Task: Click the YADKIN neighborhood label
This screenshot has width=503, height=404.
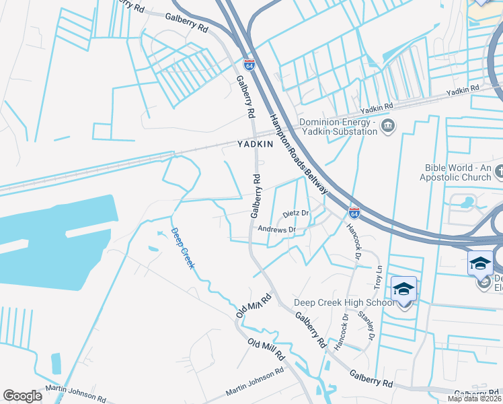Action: pyautogui.click(x=255, y=144)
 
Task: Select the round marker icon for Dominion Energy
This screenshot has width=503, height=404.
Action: pyautogui.click(x=387, y=126)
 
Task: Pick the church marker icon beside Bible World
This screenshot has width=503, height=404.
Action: pyautogui.click(x=498, y=172)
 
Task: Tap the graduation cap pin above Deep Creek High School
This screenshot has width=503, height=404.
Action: pyautogui.click(x=403, y=290)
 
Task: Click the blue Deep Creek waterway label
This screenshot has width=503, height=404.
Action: pyautogui.click(x=183, y=248)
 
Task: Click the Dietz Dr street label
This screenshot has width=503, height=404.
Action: pyautogui.click(x=295, y=213)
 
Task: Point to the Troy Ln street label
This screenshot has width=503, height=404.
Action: pyautogui.click(x=378, y=277)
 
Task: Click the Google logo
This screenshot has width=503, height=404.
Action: pyautogui.click(x=23, y=396)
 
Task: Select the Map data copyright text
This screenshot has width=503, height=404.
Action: pyautogui.click(x=475, y=399)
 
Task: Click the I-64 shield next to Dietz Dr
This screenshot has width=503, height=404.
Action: pyautogui.click(x=354, y=213)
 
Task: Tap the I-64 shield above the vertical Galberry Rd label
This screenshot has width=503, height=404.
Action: pyautogui.click(x=249, y=65)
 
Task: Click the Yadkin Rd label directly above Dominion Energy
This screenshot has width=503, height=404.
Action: pyautogui.click(x=377, y=108)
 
